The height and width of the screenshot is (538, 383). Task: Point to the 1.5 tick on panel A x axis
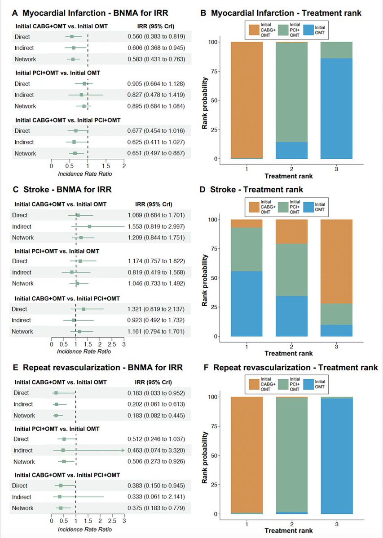coord(106,166)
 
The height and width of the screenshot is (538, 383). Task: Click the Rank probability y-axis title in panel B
coord(205,100)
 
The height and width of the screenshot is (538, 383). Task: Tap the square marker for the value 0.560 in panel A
coord(72,36)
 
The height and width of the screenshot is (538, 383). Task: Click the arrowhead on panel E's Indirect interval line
coord(123,450)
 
